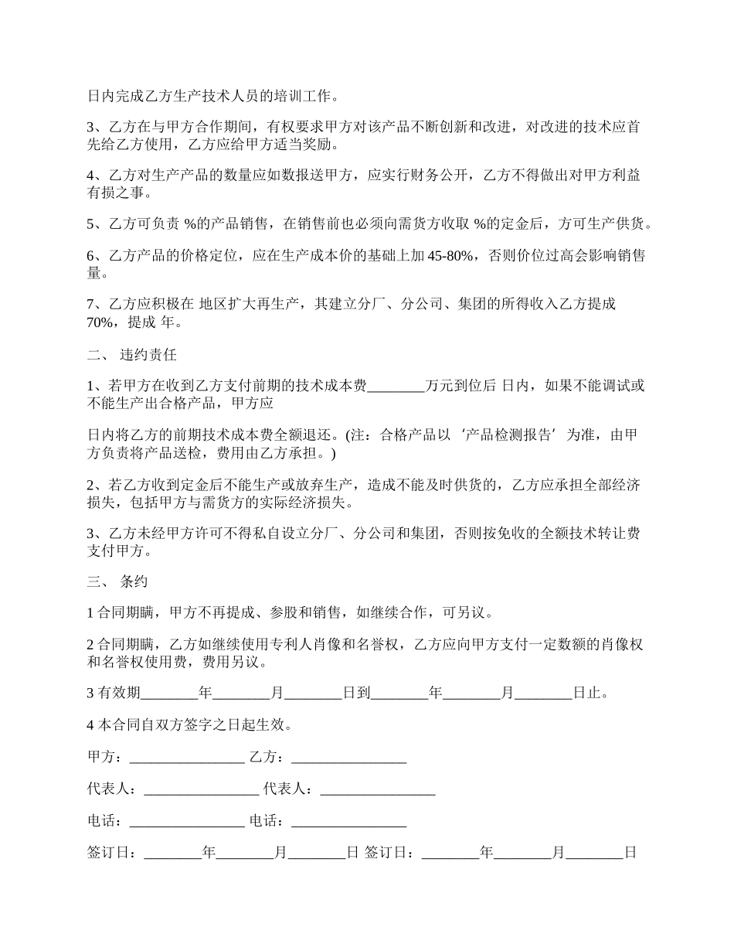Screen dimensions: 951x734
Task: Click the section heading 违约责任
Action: point(148,356)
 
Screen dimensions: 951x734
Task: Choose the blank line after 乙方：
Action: point(349,758)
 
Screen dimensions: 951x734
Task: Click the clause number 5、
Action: point(96,225)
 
